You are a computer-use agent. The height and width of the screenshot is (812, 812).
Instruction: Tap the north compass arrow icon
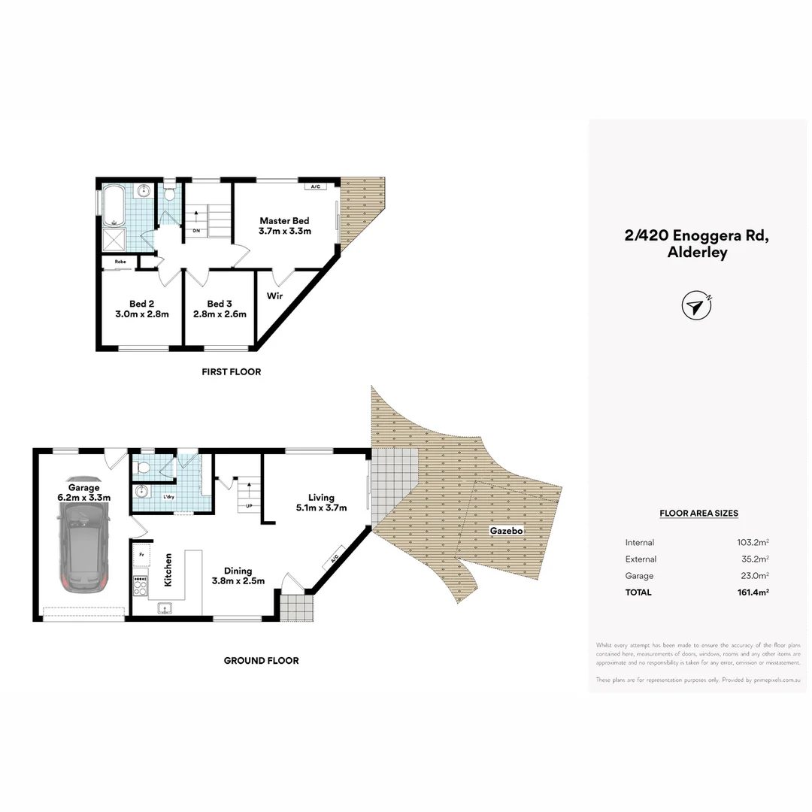pyautogui.click(x=696, y=305)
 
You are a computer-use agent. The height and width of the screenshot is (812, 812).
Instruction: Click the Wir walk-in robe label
pyautogui.click(x=274, y=296)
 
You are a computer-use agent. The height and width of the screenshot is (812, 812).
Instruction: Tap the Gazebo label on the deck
pyautogui.click(x=506, y=531)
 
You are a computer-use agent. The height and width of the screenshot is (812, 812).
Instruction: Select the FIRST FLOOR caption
pyautogui.click(x=232, y=371)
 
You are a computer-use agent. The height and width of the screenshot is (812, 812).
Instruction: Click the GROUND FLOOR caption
pyautogui.click(x=261, y=661)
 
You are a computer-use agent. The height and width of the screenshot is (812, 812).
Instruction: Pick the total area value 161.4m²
pyautogui.click(x=753, y=592)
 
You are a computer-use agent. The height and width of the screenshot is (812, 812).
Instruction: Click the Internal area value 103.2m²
pyautogui.click(x=753, y=543)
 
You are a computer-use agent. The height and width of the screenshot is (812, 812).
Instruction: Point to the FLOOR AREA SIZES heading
pyautogui.click(x=698, y=514)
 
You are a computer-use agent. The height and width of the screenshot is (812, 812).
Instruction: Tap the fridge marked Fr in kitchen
pyautogui.click(x=141, y=556)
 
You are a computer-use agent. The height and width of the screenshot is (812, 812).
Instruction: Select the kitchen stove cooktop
pyautogui.click(x=141, y=585)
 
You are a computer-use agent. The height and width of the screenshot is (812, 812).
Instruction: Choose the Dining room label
pyautogui.click(x=238, y=575)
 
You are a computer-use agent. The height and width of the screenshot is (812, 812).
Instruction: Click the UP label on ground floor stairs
pyautogui.click(x=247, y=505)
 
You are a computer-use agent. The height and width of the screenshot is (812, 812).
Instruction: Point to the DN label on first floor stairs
pyautogui.click(x=196, y=231)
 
